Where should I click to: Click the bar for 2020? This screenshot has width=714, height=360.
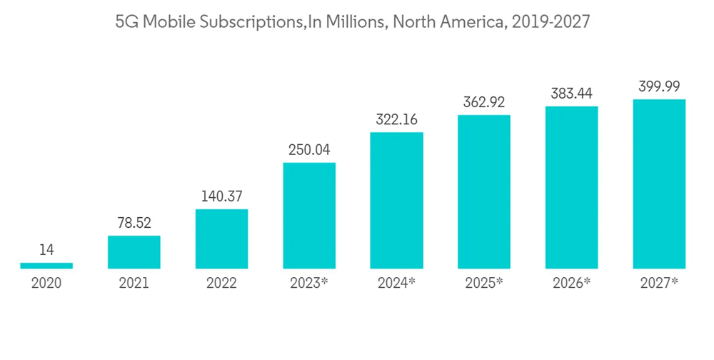[46, 266]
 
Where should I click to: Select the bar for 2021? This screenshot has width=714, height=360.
[134, 252]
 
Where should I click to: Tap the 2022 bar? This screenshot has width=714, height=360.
[221, 239]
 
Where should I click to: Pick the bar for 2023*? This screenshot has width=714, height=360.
[309, 216]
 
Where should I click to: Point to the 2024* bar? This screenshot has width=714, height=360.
[396, 201]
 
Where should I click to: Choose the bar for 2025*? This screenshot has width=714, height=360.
[484, 191]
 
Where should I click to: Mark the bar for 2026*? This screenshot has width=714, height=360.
[571, 187]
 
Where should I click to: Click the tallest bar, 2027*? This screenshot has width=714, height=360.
[659, 184]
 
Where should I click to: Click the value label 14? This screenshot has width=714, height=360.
[46, 250]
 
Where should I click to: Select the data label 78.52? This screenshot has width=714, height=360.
[134, 223]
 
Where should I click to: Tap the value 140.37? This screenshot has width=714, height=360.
[221, 196]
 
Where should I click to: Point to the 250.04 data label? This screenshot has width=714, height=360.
[309, 150]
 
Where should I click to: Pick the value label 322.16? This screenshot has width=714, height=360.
[396, 119]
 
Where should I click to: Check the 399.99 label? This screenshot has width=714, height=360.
[659, 86]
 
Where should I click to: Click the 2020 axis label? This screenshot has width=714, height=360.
[46, 283]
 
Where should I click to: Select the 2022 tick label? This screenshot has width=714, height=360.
[221, 283]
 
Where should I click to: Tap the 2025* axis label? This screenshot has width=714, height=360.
[484, 283]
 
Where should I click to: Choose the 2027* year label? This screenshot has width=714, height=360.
[659, 283]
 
